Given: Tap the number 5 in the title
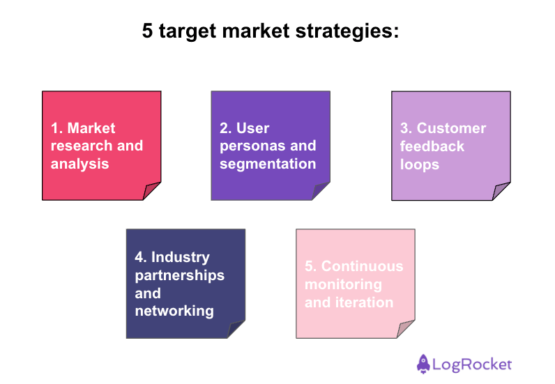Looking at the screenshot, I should click(148, 31).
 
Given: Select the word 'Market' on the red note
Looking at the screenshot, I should click(91, 128).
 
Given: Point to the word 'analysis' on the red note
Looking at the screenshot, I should click(80, 164).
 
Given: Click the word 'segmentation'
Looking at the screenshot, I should click(268, 164).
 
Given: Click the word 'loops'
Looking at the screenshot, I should click(419, 164).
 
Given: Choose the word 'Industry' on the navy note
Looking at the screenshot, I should click(181, 257).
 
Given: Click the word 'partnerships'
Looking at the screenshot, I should click(180, 275).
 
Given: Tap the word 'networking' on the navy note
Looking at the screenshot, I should click(174, 311).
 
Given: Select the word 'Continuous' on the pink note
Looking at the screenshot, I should click(362, 266).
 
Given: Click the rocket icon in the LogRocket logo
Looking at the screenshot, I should click(423, 363).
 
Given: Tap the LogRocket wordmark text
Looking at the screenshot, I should click(472, 364).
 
